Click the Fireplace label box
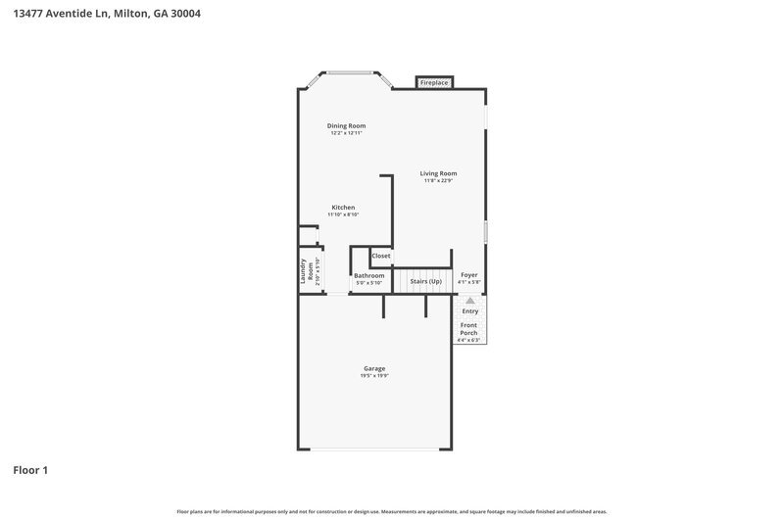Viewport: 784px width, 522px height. pos(434,83)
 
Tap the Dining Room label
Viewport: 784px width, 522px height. pos(346,125)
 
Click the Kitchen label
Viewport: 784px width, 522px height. pos(343,207)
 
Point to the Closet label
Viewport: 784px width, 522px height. pos(380,256)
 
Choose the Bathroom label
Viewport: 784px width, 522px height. pos(369,275)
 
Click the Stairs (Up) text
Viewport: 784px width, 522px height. pos(425,281)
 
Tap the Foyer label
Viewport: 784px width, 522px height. pos(468,275)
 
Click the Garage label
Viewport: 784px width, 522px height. pos(374,368)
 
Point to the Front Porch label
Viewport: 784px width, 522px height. pos(469,328)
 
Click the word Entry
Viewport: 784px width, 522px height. pos(469,310)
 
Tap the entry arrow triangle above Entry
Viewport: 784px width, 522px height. pos(469,301)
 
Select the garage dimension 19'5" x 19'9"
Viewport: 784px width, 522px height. pos(374,376)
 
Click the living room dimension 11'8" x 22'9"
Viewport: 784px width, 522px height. pos(438,181)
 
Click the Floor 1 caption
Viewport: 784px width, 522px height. pos(30,470)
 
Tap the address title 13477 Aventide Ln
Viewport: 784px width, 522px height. pos(63,15)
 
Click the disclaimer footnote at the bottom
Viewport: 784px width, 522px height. pos(392,511)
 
